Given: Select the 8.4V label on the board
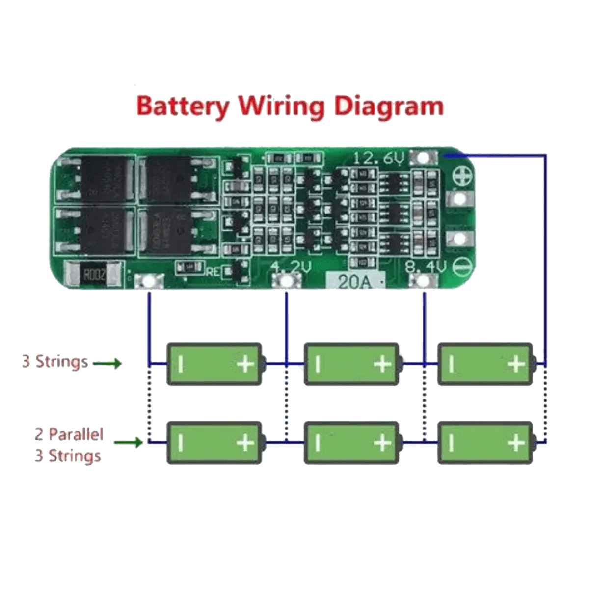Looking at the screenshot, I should pos(425,268).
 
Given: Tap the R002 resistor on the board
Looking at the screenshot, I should pos(93,275).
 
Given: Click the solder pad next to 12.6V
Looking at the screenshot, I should pos(425,158).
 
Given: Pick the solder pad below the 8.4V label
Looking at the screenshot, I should pos(423,281).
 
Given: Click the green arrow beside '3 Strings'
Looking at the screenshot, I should pos(107,364).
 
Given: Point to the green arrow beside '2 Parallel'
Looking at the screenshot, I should pos(128,442).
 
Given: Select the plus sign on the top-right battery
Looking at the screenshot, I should pos(516,364).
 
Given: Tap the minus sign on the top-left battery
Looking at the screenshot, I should pos(181,364).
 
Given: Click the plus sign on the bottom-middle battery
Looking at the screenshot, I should pos(382,443).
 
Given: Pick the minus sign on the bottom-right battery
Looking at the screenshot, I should pos(451,443).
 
